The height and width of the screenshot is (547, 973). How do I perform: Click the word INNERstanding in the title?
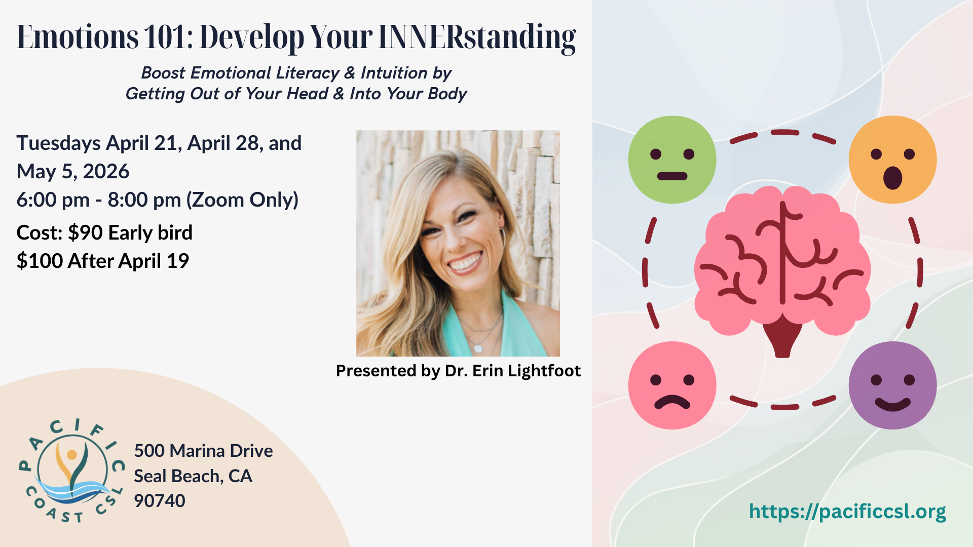point(477,37)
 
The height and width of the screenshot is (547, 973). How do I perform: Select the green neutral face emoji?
point(672,160)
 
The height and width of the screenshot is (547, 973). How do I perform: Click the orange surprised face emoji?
point(892,160)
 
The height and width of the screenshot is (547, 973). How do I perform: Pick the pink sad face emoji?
point(672,385)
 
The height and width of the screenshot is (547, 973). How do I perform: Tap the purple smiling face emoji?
point(892,385)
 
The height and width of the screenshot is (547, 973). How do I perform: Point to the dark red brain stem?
point(782,337)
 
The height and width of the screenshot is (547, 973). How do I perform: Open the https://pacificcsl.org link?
point(847,512)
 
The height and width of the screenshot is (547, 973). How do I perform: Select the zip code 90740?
point(160,501)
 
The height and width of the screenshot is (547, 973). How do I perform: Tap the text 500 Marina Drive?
point(203,451)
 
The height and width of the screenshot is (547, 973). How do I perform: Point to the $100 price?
point(40,261)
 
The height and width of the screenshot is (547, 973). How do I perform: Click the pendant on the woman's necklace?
point(478,348)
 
